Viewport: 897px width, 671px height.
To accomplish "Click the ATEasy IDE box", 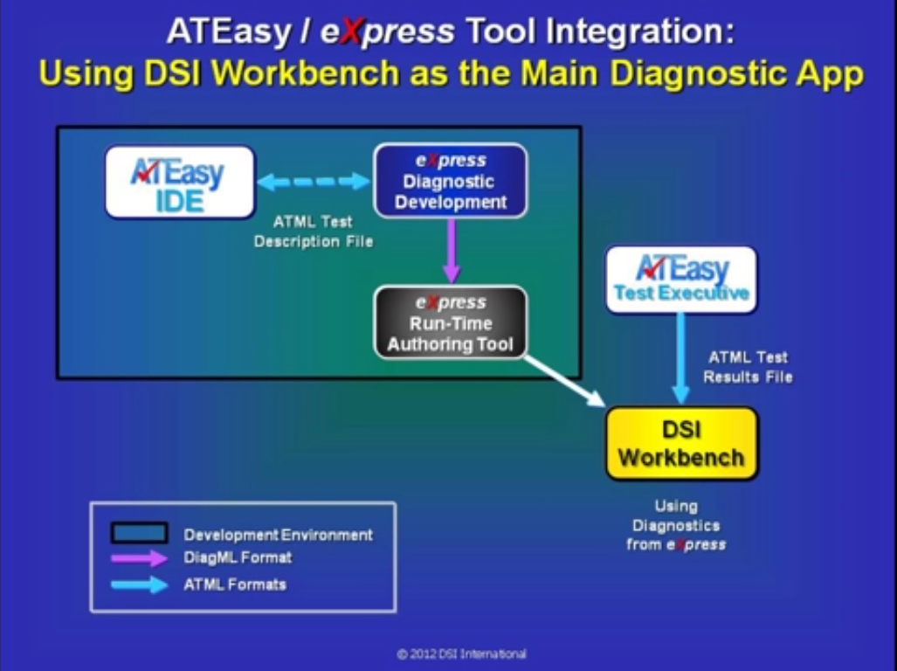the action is click(x=180, y=182).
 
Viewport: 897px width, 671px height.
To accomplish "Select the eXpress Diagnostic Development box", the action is click(x=451, y=181).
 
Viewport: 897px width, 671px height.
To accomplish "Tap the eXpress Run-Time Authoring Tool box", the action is click(x=451, y=322).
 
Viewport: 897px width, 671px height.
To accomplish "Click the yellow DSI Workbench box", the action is click(x=682, y=443).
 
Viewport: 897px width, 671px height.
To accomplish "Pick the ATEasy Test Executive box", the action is click(x=681, y=280).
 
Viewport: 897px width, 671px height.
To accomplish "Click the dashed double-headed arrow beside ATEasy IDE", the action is click(x=314, y=182).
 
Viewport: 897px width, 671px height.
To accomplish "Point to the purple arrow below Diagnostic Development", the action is click(x=452, y=251).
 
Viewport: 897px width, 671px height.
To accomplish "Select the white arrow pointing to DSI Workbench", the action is click(x=565, y=381).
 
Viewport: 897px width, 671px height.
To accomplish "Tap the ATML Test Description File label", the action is click(x=314, y=232).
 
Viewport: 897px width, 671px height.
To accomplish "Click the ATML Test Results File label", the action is click(x=748, y=367).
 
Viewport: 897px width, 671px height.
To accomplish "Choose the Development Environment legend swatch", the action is click(x=139, y=533).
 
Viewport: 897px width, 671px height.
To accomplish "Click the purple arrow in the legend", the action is click(x=139, y=557).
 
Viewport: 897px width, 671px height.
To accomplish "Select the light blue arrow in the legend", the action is click(x=139, y=585).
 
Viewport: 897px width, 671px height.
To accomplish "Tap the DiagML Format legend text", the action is click(x=238, y=557).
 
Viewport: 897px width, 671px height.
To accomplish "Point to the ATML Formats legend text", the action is click(x=235, y=585).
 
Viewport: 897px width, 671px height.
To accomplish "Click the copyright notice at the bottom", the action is click(x=462, y=654).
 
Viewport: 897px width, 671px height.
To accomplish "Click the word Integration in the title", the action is click(x=639, y=32).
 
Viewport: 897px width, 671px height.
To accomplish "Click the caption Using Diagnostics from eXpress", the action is click(x=676, y=525).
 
